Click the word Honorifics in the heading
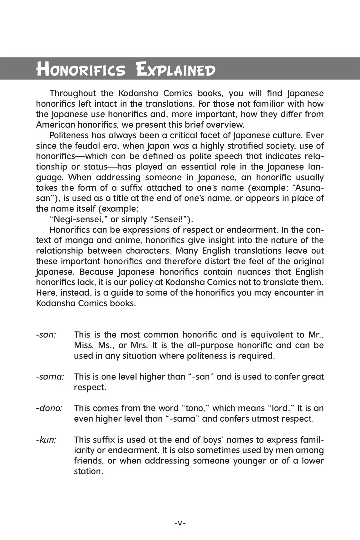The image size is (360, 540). pos(81,69)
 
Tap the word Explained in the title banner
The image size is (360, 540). pos(176,69)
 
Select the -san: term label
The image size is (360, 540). pos(46,335)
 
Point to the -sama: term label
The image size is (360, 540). pos(50,377)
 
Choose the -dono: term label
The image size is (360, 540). pos(49,408)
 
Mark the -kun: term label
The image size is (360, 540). pos(46,440)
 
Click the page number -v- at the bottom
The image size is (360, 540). pos(180,523)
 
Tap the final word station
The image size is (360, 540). pos(88,471)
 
